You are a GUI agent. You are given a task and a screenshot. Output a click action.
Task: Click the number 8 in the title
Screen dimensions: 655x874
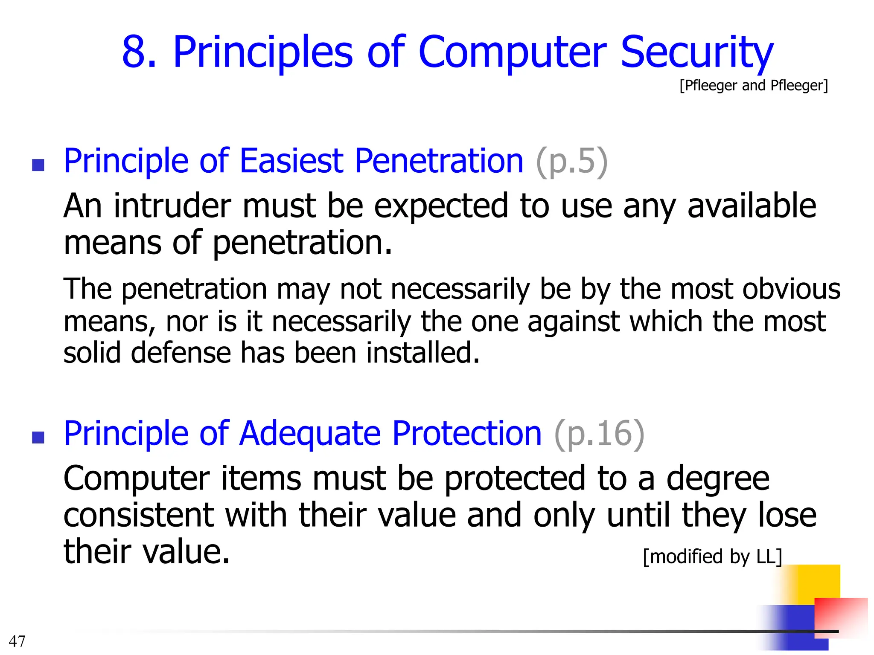tap(139, 52)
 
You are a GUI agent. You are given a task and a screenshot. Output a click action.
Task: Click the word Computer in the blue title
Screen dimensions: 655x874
tap(512, 52)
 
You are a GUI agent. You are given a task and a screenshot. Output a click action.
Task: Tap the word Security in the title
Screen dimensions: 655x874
tap(696, 52)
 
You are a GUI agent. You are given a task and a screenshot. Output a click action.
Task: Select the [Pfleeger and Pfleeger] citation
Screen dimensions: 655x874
tap(754, 86)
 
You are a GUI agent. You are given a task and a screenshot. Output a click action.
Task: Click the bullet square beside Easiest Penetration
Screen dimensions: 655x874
tap(38, 165)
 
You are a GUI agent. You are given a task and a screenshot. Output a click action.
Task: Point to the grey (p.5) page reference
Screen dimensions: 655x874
tap(571, 162)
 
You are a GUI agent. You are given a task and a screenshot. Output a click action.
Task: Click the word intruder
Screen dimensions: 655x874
tap(173, 206)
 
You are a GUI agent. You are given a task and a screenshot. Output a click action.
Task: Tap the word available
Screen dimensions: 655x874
tap(752, 206)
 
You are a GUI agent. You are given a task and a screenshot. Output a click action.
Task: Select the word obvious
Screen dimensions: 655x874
tap(791, 289)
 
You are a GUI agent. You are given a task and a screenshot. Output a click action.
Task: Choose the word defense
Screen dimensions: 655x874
tap(181, 353)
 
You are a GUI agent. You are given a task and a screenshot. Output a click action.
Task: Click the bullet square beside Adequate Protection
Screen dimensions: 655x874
tap(38, 438)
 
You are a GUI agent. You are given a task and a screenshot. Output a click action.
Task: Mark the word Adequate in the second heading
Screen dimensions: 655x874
tap(310, 434)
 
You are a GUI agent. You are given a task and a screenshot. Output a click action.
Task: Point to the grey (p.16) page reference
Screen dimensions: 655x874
tap(599, 434)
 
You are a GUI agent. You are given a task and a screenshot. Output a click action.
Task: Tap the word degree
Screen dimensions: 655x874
tap(718, 479)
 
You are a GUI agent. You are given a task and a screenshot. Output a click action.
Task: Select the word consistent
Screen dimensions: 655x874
tap(139, 515)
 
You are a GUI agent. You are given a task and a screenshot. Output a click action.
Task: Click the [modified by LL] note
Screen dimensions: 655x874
tap(712, 556)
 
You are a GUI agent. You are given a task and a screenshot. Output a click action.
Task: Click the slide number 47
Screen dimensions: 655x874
tap(17, 641)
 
